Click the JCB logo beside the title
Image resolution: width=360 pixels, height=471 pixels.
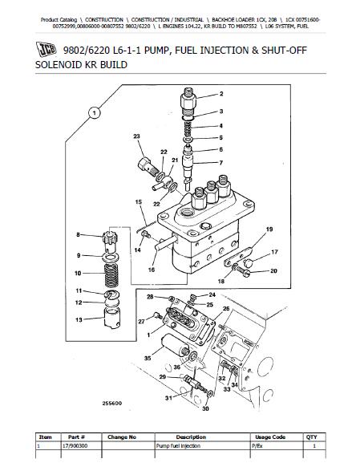coord(46,49)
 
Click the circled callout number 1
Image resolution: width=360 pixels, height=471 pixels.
coord(95,113)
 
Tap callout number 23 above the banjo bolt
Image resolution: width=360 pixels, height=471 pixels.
coord(136,136)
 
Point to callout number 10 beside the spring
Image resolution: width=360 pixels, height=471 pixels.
coord(78,273)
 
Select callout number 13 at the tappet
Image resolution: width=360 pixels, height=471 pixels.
coord(79,319)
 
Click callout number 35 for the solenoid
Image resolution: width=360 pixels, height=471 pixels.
coord(148,358)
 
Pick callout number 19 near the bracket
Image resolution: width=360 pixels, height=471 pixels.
coord(269,229)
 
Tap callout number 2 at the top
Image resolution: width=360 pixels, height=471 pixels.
coord(221,94)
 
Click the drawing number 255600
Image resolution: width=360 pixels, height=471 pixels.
coord(112,403)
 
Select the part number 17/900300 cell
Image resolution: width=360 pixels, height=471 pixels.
coord(75,446)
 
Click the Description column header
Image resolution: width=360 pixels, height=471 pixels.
coord(191,437)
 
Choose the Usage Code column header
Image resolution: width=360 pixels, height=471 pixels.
coord(270,437)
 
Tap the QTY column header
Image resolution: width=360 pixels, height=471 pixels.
coord(311,437)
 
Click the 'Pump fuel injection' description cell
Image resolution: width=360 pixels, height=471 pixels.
coord(178,446)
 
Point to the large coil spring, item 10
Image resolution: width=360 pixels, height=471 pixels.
coord(111,275)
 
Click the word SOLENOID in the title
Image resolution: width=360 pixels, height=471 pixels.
coord(59,65)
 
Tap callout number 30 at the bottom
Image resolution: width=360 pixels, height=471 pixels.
coord(205,408)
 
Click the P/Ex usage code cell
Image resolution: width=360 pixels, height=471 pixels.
coord(257,446)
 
